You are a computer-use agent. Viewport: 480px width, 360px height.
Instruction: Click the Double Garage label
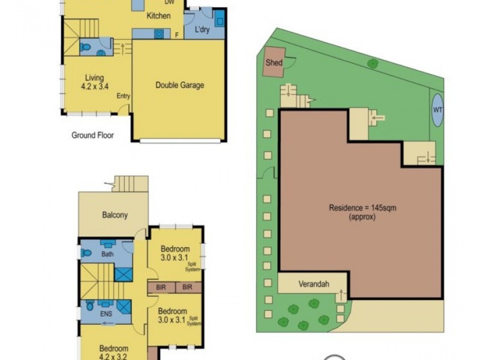(x=179, y=85)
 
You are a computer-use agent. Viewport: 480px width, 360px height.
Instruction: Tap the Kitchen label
(x=159, y=16)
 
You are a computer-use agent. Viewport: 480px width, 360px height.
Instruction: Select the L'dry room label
(x=200, y=29)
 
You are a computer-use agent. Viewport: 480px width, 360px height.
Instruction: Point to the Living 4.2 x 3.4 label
(x=94, y=82)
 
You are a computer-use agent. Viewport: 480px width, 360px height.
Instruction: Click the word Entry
(x=124, y=96)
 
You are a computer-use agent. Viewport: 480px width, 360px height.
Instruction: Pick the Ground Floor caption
(x=92, y=136)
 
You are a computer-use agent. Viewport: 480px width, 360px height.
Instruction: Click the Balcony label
(x=115, y=215)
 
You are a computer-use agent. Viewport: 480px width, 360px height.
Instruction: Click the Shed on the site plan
(x=274, y=62)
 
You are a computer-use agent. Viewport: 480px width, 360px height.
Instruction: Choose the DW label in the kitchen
(x=170, y=2)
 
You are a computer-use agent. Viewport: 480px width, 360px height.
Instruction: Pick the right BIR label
(x=188, y=287)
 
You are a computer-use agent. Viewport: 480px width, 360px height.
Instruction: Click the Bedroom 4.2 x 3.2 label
(x=113, y=352)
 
